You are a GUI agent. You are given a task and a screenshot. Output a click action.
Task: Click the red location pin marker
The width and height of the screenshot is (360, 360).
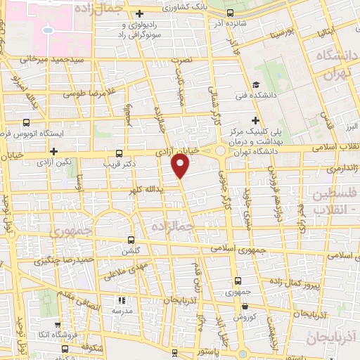click(181, 165)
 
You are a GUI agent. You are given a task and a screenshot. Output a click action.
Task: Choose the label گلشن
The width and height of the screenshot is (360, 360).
click(131, 251)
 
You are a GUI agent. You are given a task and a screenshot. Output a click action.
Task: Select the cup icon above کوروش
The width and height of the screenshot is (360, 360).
click(244, 307)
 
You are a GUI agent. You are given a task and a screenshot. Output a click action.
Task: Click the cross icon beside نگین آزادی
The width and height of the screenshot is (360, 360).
click(53, 151)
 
